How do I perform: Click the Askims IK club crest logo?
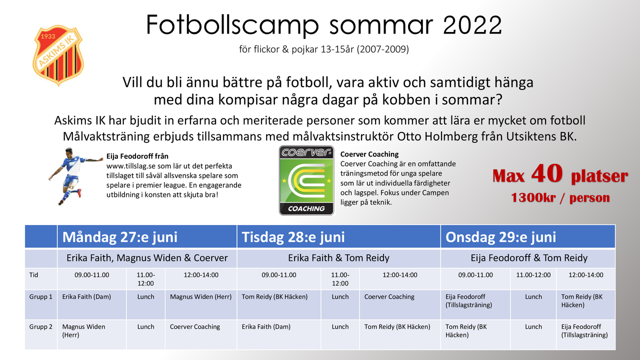coord(58,55)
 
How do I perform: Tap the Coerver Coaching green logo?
coord(306,180)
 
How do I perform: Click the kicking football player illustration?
coord(75,176)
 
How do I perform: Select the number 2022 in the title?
coord(472,25)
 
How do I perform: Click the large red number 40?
coord(547,173)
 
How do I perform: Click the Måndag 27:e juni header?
coord(120,237)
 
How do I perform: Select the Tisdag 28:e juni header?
coord(293,237)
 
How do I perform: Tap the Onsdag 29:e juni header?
coord(501,237)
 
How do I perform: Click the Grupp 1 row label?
coord(41,297)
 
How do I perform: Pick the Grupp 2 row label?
coord(41,327)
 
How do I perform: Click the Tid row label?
coord(33,275)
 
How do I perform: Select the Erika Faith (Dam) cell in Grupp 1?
coord(86,297)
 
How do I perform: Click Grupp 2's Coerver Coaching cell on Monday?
coord(195,327)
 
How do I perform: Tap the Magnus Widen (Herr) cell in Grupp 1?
coord(201,297)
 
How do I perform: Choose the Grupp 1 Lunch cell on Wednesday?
coord(533,297)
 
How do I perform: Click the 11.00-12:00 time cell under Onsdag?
coord(533,275)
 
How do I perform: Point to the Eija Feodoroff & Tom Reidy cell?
coord(529,258)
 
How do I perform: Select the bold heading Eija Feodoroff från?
coord(137,156)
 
